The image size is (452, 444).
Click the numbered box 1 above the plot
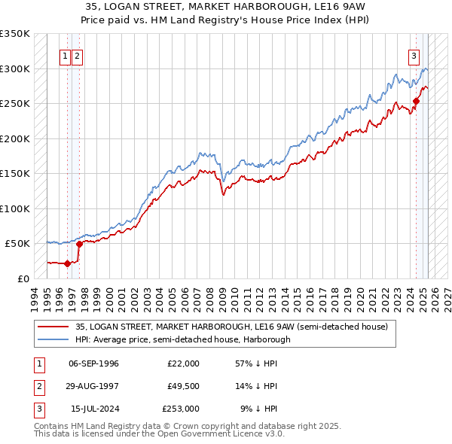click(x=66, y=55)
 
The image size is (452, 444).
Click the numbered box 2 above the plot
click(x=78, y=55)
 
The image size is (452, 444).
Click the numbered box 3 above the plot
click(x=414, y=55)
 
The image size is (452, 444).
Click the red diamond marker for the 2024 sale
click(x=416, y=101)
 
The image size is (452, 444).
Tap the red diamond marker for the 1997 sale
click(x=79, y=243)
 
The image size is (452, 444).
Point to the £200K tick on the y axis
click(x=15, y=138)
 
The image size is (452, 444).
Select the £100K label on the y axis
click(x=15, y=208)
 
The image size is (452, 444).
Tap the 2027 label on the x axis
click(x=446, y=296)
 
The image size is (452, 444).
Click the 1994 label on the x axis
click(x=33, y=296)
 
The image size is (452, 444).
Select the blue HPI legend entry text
click(x=183, y=339)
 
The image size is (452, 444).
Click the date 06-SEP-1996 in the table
click(x=93, y=363)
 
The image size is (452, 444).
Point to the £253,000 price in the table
click(x=180, y=409)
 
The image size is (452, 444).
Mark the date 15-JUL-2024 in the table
click(x=93, y=409)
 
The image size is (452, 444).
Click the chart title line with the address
click(x=226, y=8)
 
